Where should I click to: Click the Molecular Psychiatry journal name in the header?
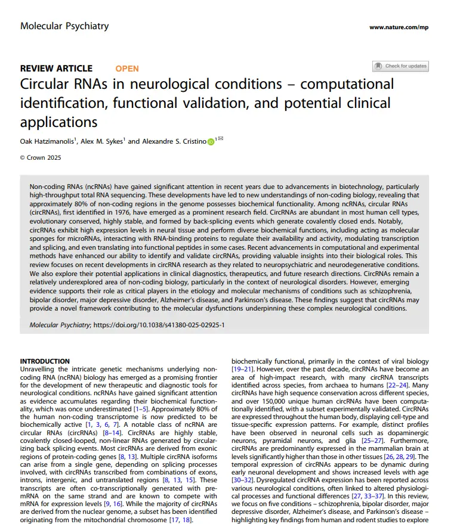coord(64,26)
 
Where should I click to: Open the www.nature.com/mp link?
coord(399,27)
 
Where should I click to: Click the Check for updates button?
coord(400,66)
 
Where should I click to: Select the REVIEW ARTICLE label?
coord(56,69)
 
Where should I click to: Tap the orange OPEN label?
coord(127,69)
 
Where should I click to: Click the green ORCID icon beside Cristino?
coord(211,142)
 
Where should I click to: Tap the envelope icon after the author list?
coord(221,139)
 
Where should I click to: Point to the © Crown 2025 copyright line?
coord(41,157)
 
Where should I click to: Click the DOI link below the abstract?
coord(159,325)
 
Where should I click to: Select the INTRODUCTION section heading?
coord(45,361)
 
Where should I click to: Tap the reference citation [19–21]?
coord(241,369)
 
